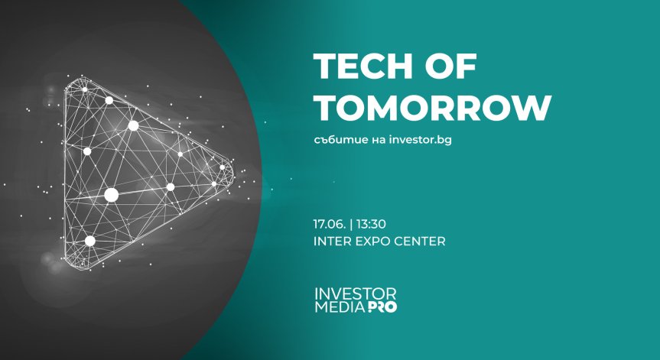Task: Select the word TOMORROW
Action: pos(432,109)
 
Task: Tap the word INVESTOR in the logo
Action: pos(356,294)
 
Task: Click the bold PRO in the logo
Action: pos(381,307)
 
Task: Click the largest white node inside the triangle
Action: pos(112,195)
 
